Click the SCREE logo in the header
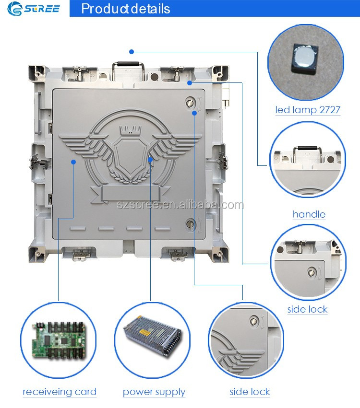pyautogui.click(x=33, y=8)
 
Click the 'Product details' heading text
pyautogui.click(x=126, y=9)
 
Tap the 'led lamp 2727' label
pyautogui.click(x=308, y=110)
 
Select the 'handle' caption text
pyautogui.click(x=309, y=214)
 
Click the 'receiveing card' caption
pyautogui.click(x=60, y=392)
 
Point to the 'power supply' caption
pyautogui.click(x=154, y=392)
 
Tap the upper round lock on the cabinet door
pyautogui.click(x=190, y=103)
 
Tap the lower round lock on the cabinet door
pyautogui.click(x=191, y=224)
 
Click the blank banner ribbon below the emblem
pyautogui.click(x=130, y=193)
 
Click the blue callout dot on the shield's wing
pyautogui.click(x=150, y=160)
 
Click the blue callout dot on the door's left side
pyautogui.click(x=73, y=162)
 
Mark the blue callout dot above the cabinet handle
pyautogui.click(x=132, y=52)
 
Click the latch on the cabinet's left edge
pyautogui.click(x=38, y=161)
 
